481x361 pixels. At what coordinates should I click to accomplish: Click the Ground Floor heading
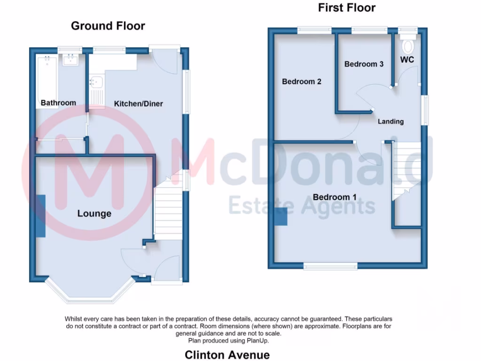coord(108,26)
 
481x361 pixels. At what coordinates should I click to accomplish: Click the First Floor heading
coord(347,8)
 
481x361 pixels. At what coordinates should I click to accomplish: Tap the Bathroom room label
coord(58,103)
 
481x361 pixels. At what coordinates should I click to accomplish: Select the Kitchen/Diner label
coord(139,103)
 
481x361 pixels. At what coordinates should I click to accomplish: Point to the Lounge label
coord(94,214)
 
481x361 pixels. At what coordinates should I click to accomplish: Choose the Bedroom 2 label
coord(302,82)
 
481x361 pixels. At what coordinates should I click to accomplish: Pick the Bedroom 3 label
coord(364,64)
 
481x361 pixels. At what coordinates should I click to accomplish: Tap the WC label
coord(407,60)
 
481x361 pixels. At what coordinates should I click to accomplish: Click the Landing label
coord(391,122)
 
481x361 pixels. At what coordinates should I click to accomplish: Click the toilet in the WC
coord(408,46)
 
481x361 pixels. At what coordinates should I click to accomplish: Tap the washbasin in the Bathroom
coord(72,60)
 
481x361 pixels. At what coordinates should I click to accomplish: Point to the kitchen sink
coord(97,82)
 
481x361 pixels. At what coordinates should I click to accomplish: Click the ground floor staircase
coord(168,212)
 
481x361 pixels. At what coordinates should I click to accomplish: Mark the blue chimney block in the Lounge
coord(40,216)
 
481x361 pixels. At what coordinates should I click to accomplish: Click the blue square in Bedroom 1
coord(281,217)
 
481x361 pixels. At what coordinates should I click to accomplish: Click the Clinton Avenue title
coord(227,354)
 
